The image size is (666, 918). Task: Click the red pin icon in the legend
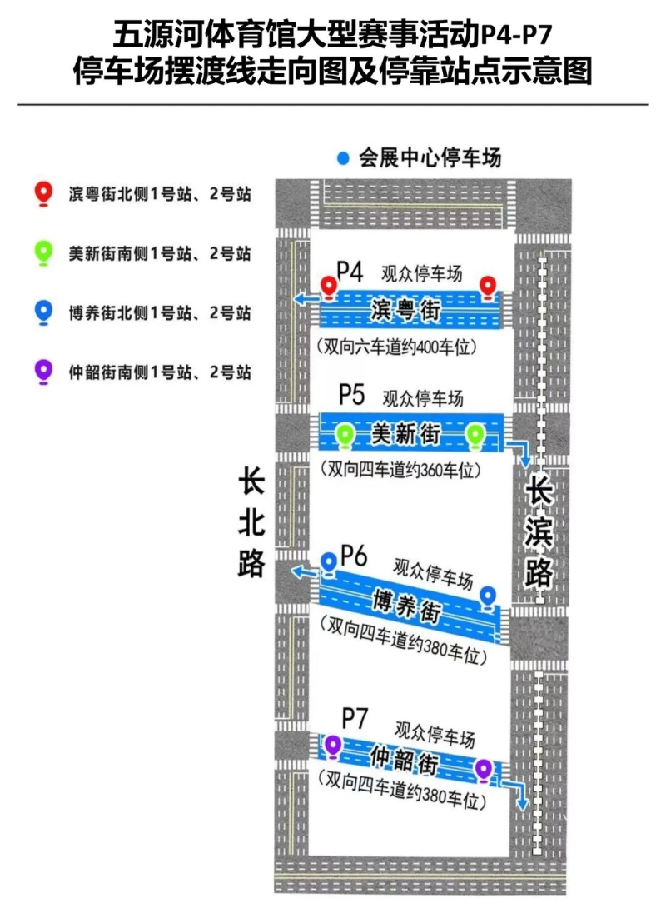coord(44,194)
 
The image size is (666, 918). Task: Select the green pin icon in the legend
coord(44,253)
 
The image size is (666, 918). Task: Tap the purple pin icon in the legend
coord(44,372)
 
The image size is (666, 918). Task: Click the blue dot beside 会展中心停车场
coord(344,158)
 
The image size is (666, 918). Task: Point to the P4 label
coord(350,271)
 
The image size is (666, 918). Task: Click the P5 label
coord(352,395)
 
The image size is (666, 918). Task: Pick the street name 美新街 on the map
coord(405,434)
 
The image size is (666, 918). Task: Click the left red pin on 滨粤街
coord(330,288)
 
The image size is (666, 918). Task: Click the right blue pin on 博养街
coord(488,599)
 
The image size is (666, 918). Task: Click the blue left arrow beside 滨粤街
coord(306,299)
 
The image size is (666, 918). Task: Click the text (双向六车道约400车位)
coord(397,347)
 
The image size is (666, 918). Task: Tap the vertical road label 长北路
coord(251,524)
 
